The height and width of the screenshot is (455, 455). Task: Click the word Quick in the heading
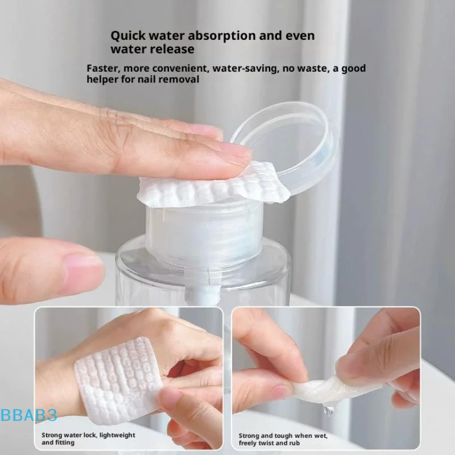[127, 36]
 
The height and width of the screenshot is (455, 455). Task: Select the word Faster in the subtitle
[103, 69]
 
